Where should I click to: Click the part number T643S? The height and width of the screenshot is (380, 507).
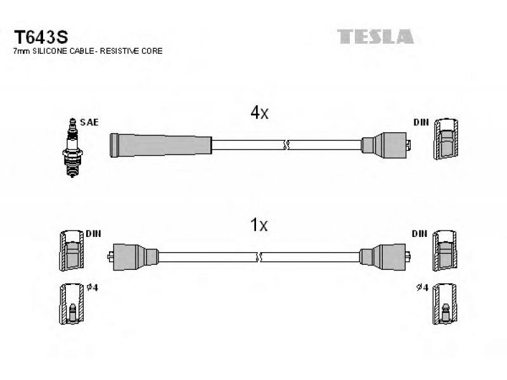point(41,37)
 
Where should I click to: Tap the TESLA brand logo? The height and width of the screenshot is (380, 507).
point(375,37)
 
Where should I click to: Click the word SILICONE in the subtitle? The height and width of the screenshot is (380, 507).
point(50,51)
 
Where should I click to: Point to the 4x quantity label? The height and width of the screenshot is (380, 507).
point(259,113)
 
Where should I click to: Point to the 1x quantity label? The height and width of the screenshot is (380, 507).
point(259,225)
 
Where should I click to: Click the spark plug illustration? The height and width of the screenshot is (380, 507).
point(72,148)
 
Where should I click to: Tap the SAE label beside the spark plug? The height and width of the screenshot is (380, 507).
point(89,122)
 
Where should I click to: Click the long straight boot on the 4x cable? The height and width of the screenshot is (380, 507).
point(161,145)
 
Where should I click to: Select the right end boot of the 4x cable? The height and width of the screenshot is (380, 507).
point(386,145)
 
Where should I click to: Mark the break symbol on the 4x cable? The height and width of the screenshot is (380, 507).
point(286,145)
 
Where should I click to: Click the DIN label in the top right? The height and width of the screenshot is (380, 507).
point(421,122)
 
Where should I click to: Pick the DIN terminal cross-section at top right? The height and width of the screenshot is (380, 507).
point(446,139)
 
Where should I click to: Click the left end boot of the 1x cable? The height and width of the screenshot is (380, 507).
point(132,256)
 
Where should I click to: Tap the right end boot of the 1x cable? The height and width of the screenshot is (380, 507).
point(385,256)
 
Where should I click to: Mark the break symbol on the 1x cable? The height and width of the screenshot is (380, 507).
point(259,257)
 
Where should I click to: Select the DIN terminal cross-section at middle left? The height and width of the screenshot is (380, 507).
point(72,251)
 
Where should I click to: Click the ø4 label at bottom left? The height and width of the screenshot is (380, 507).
point(93,288)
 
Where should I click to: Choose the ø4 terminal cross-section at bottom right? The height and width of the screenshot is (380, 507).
point(446,304)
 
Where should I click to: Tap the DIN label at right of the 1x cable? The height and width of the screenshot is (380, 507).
point(420,233)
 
